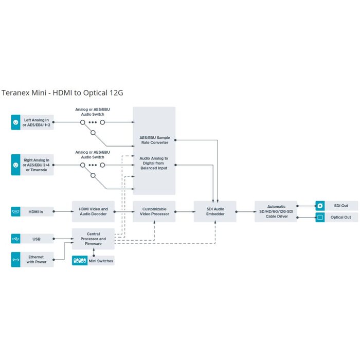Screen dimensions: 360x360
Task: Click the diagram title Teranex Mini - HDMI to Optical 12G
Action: pyautogui.click(x=62, y=93)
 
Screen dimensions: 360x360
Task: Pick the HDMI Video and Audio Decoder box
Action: pyautogui.click(x=93, y=211)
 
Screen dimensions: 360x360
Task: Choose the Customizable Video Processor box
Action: pyautogui.click(x=154, y=211)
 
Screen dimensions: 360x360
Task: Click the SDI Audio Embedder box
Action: pyautogui.click(x=215, y=211)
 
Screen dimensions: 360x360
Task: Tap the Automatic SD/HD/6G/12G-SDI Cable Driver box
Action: pyautogui.click(x=276, y=211)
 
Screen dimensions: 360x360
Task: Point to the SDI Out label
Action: pyautogui.click(x=341, y=206)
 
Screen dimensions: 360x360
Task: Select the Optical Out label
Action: pyautogui.click(x=341, y=218)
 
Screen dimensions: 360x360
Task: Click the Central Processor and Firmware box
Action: pyautogui.click(x=93, y=239)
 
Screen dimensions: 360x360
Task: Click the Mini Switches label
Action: pyautogui.click(x=100, y=261)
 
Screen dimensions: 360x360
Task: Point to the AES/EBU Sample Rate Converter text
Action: pyautogui.click(x=154, y=140)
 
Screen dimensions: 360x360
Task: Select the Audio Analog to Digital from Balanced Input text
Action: pyautogui.click(x=154, y=164)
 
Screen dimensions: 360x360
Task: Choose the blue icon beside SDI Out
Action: pyautogui.click(x=319, y=206)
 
